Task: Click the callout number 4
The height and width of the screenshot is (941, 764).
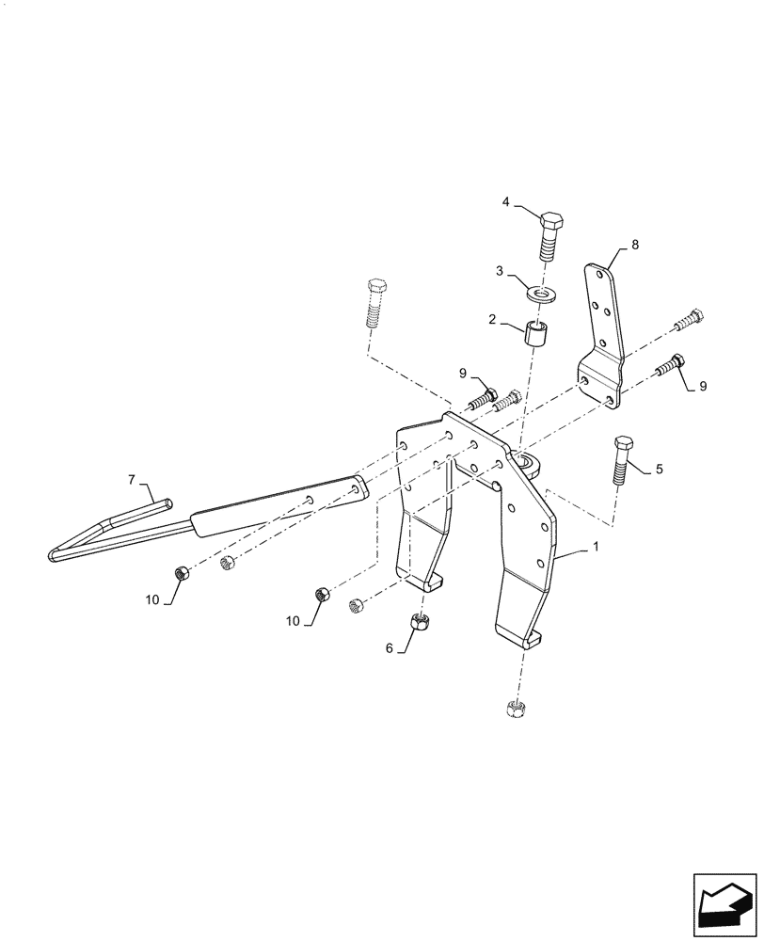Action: pyautogui.click(x=506, y=202)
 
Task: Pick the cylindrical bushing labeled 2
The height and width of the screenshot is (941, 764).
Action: pyautogui.click(x=534, y=335)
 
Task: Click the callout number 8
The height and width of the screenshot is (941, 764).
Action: pyautogui.click(x=635, y=244)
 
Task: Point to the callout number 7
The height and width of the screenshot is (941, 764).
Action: pyautogui.click(x=133, y=480)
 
